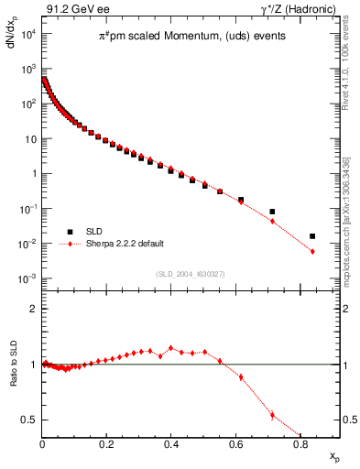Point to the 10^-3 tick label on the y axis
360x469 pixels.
[x=27, y=278]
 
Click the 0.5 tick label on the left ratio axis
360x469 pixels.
[x=29, y=420]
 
